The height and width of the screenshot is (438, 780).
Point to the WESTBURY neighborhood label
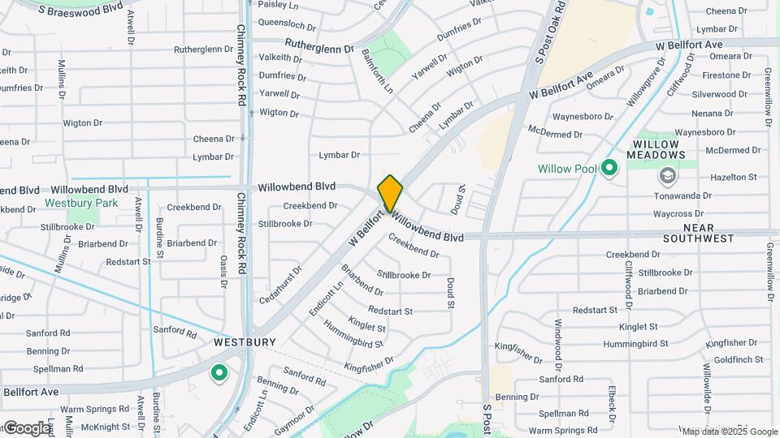pos(241,343)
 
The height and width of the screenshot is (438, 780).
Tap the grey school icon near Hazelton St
pos(668,175)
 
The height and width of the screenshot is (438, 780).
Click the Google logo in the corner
pos(26,427)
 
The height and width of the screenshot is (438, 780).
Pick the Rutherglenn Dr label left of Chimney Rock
pos(203,49)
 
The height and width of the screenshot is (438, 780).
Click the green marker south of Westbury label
pos(219,374)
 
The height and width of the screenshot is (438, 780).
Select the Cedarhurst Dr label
pos(280,280)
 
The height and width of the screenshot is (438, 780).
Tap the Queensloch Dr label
pos(286,24)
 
